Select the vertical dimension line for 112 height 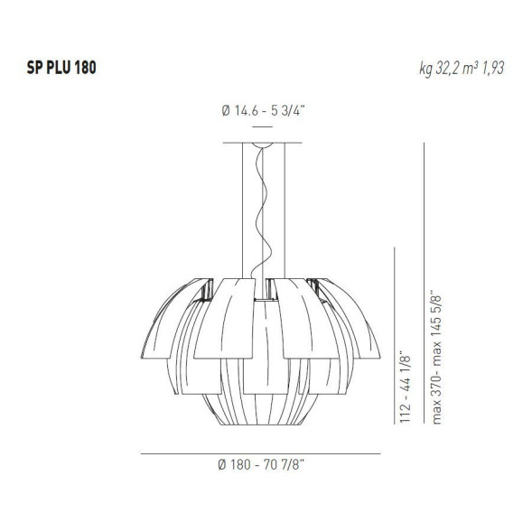click(x=394, y=348)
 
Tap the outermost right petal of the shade click(x=375, y=334)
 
